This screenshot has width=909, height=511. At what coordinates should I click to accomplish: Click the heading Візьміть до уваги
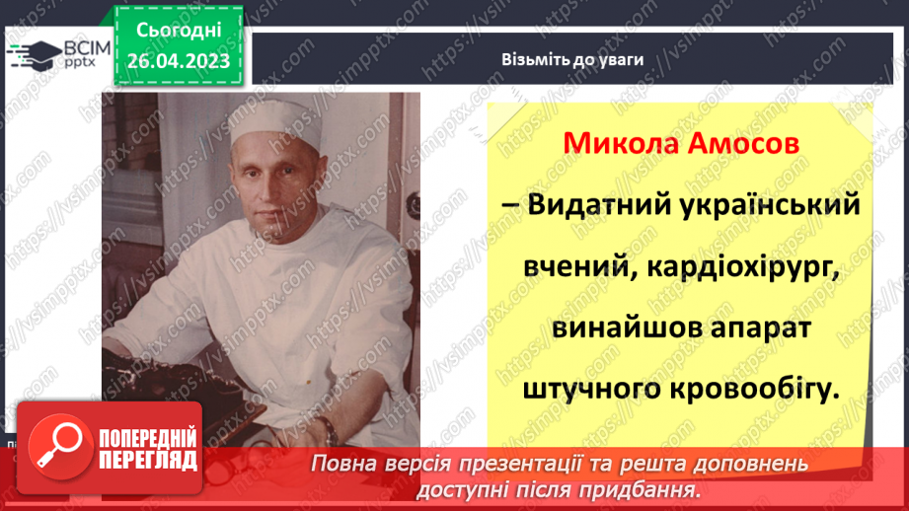point(571,59)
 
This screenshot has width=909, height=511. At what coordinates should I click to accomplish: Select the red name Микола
point(610,145)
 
